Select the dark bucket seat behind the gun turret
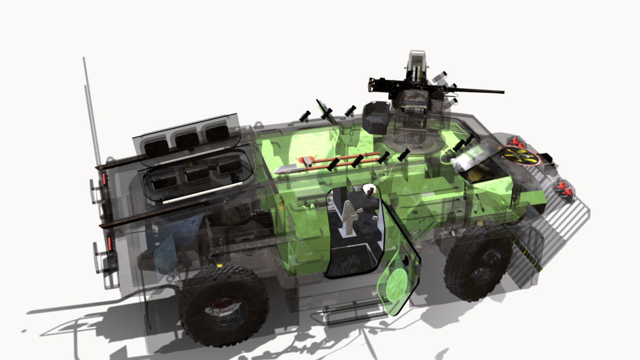(x=376, y=117)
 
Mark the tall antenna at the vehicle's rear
(x=91, y=108)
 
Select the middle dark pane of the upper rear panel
(x=187, y=139)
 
